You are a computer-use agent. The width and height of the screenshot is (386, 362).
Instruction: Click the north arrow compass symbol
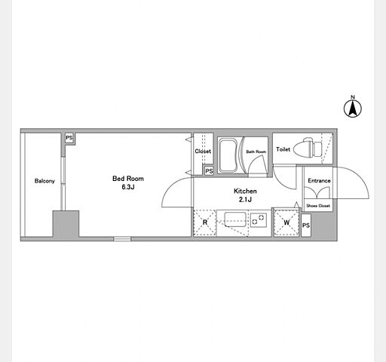(x=353, y=107)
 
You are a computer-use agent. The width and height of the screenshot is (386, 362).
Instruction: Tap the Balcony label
(x=44, y=181)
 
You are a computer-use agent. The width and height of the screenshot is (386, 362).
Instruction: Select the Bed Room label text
(x=128, y=179)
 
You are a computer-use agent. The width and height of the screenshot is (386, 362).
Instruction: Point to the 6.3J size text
(x=128, y=187)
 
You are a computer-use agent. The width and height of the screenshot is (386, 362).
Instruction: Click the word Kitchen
(x=245, y=191)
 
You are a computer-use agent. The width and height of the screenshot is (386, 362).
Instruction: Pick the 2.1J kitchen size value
(x=245, y=200)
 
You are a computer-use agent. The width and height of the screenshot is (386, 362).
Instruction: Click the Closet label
(x=203, y=152)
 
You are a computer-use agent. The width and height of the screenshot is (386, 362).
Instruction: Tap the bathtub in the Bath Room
(x=228, y=155)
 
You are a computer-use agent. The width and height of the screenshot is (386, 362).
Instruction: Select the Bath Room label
(x=256, y=152)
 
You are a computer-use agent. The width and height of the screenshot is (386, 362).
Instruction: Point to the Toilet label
(x=283, y=149)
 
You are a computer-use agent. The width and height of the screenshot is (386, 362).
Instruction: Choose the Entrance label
(x=319, y=180)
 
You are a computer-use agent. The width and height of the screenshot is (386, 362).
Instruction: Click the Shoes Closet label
(x=318, y=206)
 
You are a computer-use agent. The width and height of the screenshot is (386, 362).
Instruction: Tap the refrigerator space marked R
(x=205, y=222)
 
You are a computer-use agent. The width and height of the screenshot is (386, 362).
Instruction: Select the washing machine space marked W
(x=286, y=222)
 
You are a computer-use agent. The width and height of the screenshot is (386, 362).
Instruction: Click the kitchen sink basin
(x=235, y=219)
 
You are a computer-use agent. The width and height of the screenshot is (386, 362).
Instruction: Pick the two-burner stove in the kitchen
(x=259, y=219)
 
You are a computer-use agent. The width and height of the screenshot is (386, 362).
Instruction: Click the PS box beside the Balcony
(x=69, y=138)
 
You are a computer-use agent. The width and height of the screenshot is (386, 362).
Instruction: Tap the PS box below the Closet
(x=209, y=171)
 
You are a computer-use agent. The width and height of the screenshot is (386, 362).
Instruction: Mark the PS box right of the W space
(x=306, y=225)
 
